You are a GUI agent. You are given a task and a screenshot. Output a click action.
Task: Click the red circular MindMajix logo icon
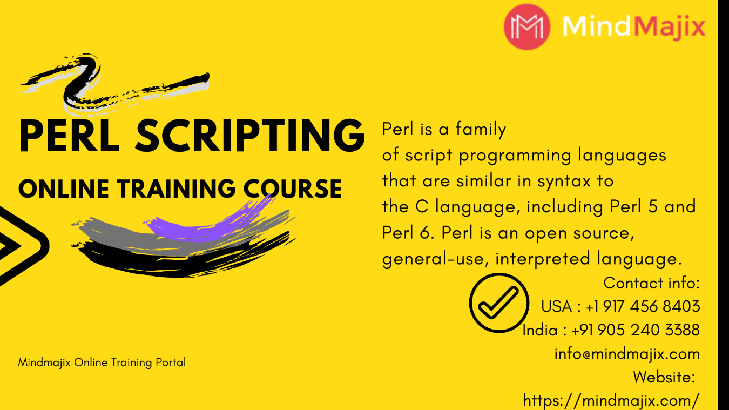coord(527,26)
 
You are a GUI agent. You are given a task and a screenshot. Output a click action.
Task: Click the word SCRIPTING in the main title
coord(250,136)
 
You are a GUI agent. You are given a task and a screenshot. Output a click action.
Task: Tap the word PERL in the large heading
coord(70,136)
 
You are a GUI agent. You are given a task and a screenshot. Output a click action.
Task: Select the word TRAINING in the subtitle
coord(176,189)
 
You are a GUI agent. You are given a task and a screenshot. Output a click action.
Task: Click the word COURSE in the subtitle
coord(293,189)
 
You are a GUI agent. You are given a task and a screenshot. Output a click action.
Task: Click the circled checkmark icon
coord(499,303)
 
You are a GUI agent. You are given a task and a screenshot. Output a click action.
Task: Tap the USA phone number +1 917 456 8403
coord(643,306)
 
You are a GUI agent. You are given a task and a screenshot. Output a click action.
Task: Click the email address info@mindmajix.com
coord(627,354)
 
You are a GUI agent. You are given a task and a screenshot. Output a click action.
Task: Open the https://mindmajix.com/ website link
coord(611,401)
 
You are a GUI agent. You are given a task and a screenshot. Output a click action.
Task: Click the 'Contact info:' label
coord(652,283)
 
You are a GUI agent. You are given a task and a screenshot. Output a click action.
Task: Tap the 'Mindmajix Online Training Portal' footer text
coord(102,362)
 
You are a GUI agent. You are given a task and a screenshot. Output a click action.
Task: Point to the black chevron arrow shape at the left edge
coord(19,246)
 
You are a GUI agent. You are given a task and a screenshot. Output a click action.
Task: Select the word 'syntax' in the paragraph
coord(564,182)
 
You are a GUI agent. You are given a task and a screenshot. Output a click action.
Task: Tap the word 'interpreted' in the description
coord(543,259)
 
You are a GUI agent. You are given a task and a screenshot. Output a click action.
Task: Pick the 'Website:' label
coord(664,377)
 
